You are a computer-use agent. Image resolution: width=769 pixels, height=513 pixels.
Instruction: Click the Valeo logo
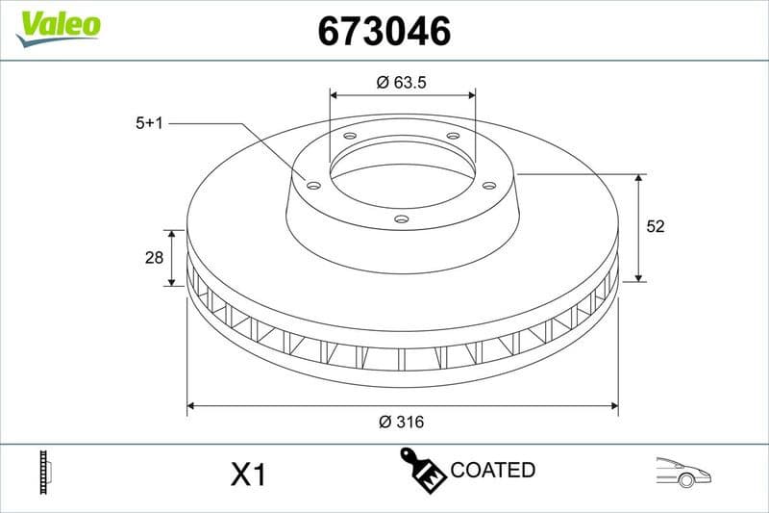pyautogui.click(x=58, y=24)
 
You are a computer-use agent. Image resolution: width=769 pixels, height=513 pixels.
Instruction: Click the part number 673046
pyautogui.click(x=384, y=32)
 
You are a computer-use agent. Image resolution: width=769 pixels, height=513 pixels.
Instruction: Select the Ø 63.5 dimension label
pyautogui.click(x=402, y=83)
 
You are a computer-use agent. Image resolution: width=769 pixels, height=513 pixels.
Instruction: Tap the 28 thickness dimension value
pyautogui.click(x=151, y=258)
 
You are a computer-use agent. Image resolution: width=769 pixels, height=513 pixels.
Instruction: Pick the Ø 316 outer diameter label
pyautogui.click(x=402, y=422)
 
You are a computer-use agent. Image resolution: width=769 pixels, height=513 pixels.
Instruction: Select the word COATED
pyautogui.click(x=492, y=471)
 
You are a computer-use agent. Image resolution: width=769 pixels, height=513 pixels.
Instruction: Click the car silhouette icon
pyautogui.click(x=682, y=471)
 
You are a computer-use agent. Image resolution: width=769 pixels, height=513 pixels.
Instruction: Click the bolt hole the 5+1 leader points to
pyautogui.click(x=313, y=185)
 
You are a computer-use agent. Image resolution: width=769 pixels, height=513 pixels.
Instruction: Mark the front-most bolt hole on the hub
pyautogui.click(x=402, y=219)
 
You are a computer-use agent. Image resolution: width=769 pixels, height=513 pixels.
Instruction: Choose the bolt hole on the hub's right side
pyautogui.click(x=488, y=185)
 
